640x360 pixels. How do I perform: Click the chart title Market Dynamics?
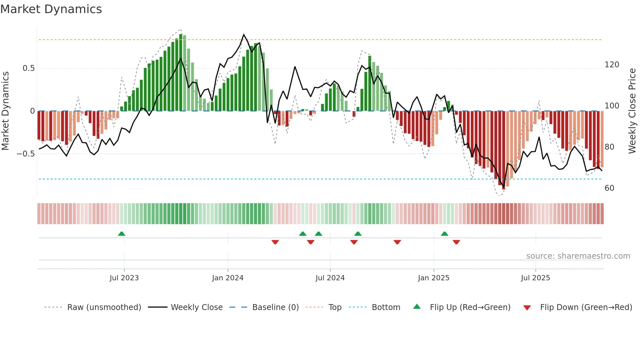[51, 9]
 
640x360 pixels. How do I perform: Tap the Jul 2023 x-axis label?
[124, 278]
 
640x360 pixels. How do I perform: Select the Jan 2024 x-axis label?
[228, 278]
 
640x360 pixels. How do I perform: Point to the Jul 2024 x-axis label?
[330, 278]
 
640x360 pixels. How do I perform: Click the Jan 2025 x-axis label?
[434, 278]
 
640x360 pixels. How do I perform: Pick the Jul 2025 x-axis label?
[536, 278]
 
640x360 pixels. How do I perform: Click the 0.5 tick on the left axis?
[29, 68]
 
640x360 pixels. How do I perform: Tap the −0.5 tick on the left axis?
[26, 154]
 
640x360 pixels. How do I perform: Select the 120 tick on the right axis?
[612, 65]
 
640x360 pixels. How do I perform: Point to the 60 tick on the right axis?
[609, 188]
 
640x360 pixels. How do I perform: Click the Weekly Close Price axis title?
[632, 111]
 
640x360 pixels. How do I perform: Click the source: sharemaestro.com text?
[578, 256]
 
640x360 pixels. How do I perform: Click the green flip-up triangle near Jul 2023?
[121, 234]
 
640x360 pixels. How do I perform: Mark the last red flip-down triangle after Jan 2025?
[456, 242]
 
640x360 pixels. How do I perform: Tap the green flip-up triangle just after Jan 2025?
[444, 234]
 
